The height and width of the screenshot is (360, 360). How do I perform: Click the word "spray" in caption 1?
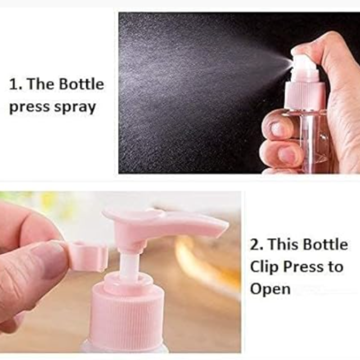75,108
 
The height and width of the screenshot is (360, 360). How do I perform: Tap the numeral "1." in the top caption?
16,84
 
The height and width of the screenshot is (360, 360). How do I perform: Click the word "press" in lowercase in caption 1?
29,108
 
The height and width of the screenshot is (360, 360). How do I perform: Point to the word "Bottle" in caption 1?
81,84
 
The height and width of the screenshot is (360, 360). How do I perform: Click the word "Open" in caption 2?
270,289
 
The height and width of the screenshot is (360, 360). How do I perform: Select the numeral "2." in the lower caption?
256,244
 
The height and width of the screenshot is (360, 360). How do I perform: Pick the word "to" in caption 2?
336,267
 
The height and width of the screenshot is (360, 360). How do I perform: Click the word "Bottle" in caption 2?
325,244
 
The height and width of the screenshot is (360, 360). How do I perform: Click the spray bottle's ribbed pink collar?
305,96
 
